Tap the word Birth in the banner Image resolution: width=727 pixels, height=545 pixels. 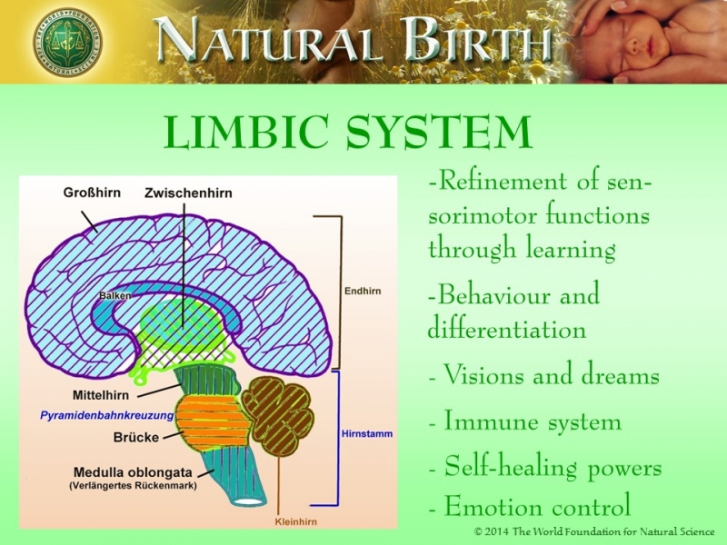(x=469, y=41)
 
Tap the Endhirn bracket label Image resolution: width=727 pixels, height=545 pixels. (x=362, y=292)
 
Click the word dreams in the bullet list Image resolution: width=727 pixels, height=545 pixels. (x=618, y=376)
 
